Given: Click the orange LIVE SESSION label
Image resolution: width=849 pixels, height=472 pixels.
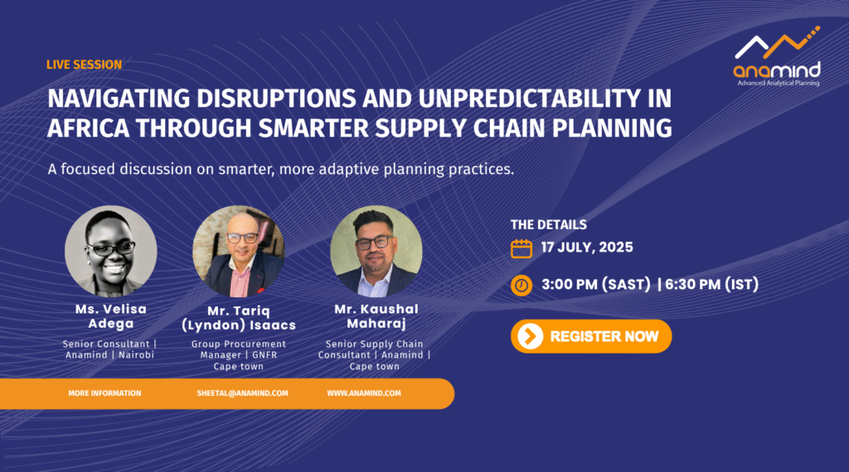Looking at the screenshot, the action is point(84,65).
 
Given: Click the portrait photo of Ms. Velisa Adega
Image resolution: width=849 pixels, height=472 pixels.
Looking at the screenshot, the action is point(111,251).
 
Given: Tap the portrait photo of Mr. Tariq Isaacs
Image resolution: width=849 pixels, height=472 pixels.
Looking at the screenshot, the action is point(238,251).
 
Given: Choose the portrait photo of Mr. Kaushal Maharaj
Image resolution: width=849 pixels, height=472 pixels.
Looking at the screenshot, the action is point(376,251).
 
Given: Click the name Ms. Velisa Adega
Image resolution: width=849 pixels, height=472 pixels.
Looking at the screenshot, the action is point(111,316).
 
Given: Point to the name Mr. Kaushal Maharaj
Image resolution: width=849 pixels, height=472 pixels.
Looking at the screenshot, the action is point(376,316).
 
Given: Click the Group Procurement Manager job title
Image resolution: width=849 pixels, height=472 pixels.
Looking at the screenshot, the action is point(238,349).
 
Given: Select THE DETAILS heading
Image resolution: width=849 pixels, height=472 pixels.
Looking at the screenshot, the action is point(549,225).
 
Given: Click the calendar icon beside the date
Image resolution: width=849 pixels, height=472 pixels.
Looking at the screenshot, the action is point(522,248).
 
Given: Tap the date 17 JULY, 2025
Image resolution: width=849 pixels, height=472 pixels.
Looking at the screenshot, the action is point(587,248).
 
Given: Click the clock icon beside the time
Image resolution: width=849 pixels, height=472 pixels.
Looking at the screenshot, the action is point(522,286).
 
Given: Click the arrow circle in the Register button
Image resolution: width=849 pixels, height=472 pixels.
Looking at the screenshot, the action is point(530,336).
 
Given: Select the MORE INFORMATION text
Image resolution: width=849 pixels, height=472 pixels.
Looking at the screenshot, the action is point(104,393).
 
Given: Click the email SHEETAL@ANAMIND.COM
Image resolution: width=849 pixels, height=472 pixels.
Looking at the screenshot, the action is point(242,393).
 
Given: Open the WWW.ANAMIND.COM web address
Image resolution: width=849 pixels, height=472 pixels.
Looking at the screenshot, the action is point(364,393).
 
